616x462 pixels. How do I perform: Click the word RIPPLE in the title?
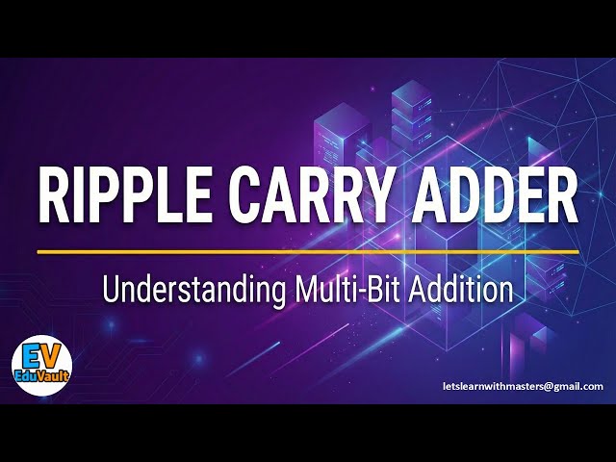point(126,195)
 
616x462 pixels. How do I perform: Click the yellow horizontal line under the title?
point(308,251)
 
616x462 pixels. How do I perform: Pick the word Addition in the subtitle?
point(466,290)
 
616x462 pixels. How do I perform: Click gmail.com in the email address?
point(580,386)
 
